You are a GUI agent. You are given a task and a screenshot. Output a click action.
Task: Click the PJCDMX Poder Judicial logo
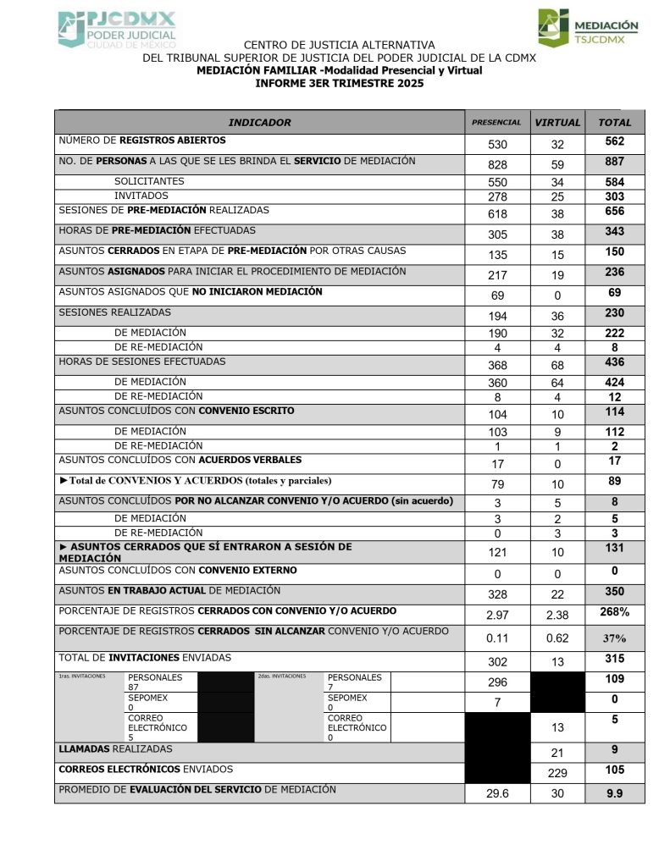click(x=117, y=29)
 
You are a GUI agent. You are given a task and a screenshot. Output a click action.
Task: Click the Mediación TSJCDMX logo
click(x=588, y=28)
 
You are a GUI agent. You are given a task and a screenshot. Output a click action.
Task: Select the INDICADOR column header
click(x=259, y=123)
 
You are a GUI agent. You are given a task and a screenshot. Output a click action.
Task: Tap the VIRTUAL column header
click(x=557, y=123)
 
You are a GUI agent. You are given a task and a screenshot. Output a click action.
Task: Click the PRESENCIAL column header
click(x=496, y=123)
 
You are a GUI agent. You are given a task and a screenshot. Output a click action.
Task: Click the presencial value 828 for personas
click(x=497, y=163)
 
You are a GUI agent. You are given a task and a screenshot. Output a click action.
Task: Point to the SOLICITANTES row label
click(x=149, y=181)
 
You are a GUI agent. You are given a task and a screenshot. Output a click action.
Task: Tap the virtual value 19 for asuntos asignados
click(x=557, y=275)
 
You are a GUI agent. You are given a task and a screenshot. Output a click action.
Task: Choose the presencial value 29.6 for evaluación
click(x=497, y=793)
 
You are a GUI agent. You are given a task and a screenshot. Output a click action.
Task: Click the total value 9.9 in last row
click(x=615, y=793)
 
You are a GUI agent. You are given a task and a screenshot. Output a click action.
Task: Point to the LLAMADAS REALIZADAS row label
click(x=115, y=749)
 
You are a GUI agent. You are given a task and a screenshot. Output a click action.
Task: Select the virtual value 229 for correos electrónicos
click(x=557, y=773)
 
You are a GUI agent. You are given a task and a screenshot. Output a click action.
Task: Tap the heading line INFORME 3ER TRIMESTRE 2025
click(x=339, y=83)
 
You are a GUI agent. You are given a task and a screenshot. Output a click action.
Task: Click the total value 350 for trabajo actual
click(x=615, y=592)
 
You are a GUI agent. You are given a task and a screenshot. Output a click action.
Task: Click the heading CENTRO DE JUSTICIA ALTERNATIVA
click(x=339, y=45)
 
